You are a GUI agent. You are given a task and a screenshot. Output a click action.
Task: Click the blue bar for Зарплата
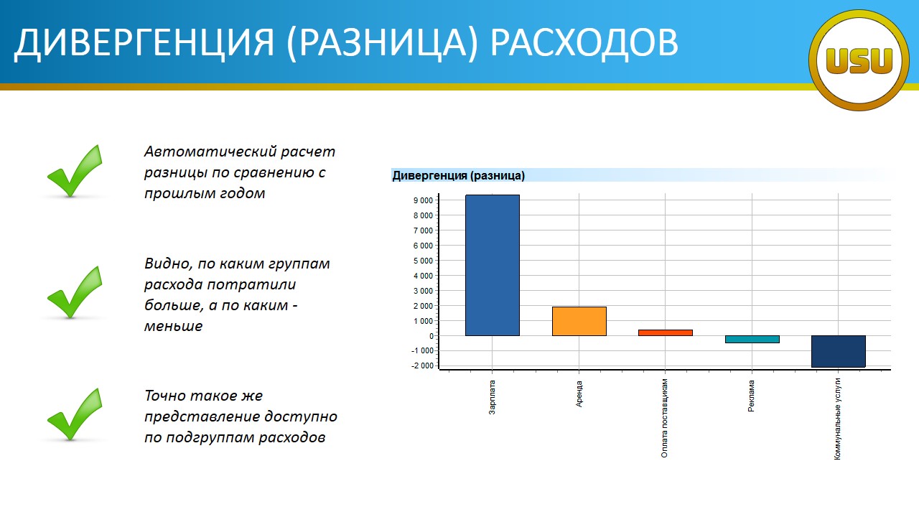493,265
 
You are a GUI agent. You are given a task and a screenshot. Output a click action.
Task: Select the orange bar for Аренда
579,321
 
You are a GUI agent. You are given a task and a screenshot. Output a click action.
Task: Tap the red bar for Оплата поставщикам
666,332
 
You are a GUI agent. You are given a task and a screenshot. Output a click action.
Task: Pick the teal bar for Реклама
752,340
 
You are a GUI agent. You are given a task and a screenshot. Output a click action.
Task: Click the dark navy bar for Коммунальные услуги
839,351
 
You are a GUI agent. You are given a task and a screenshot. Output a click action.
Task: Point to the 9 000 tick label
423,200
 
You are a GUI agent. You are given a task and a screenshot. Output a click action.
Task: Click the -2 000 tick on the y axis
422,365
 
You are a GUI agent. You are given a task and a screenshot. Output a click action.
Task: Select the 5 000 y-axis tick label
423,261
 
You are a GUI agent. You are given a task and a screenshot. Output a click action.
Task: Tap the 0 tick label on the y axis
431,336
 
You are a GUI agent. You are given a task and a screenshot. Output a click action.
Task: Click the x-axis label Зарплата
493,397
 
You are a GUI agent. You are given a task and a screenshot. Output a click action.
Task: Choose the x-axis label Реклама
751,396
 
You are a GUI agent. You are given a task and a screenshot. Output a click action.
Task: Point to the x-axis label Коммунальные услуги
837,419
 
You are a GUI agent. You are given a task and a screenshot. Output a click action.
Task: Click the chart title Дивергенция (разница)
458,176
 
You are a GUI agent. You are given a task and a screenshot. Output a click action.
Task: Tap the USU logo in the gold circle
859,61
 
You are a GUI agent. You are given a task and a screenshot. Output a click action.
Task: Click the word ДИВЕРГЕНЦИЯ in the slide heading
144,42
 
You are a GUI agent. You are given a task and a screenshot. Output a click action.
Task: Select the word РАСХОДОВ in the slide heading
584,42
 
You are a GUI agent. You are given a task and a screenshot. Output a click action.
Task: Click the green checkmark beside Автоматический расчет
75,171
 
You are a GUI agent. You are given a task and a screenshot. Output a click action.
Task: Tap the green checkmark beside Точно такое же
75,414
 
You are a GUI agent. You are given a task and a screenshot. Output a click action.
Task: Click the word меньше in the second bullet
174,326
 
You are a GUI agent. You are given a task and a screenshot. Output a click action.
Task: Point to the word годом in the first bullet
243,193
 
